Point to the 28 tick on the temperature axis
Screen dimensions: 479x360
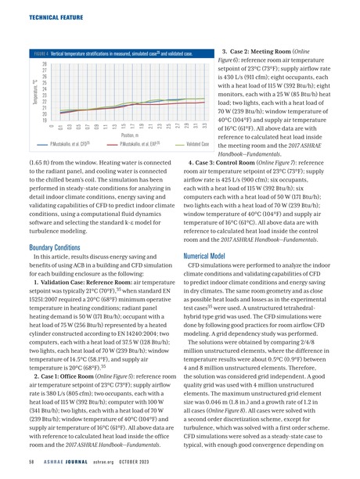[45, 63]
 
